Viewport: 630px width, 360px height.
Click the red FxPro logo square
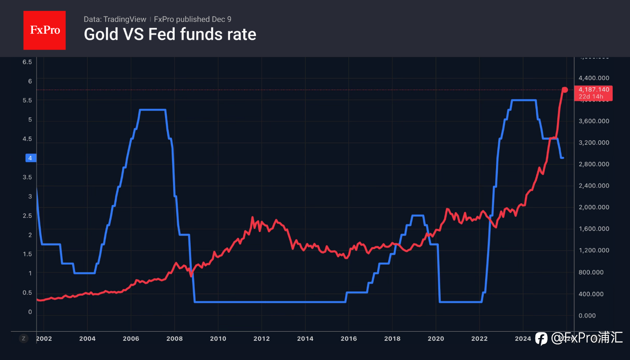coord(44,30)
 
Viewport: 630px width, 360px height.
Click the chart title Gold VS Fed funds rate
coord(170,34)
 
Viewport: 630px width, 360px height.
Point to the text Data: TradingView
coord(115,19)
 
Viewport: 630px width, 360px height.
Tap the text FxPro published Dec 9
coord(192,19)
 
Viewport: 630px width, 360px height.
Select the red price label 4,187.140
coord(594,90)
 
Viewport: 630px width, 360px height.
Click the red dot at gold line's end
coord(565,90)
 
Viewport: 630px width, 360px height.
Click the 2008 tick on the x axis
coord(175,339)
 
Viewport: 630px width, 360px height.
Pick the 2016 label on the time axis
coord(349,339)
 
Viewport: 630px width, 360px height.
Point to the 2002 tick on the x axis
coord(44,339)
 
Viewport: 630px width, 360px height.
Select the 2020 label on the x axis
coord(436,339)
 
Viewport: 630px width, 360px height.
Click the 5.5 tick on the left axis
coord(27,101)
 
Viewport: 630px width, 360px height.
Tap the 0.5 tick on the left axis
coord(27,292)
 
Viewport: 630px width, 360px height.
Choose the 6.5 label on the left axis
coord(27,62)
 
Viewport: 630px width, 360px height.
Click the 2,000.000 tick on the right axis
coord(594,207)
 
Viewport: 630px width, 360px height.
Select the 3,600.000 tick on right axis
coord(594,121)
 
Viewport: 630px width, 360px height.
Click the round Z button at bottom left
coord(23,339)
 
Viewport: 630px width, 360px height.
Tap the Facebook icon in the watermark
coord(541,339)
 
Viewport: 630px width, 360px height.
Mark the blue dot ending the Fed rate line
coord(562,158)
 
